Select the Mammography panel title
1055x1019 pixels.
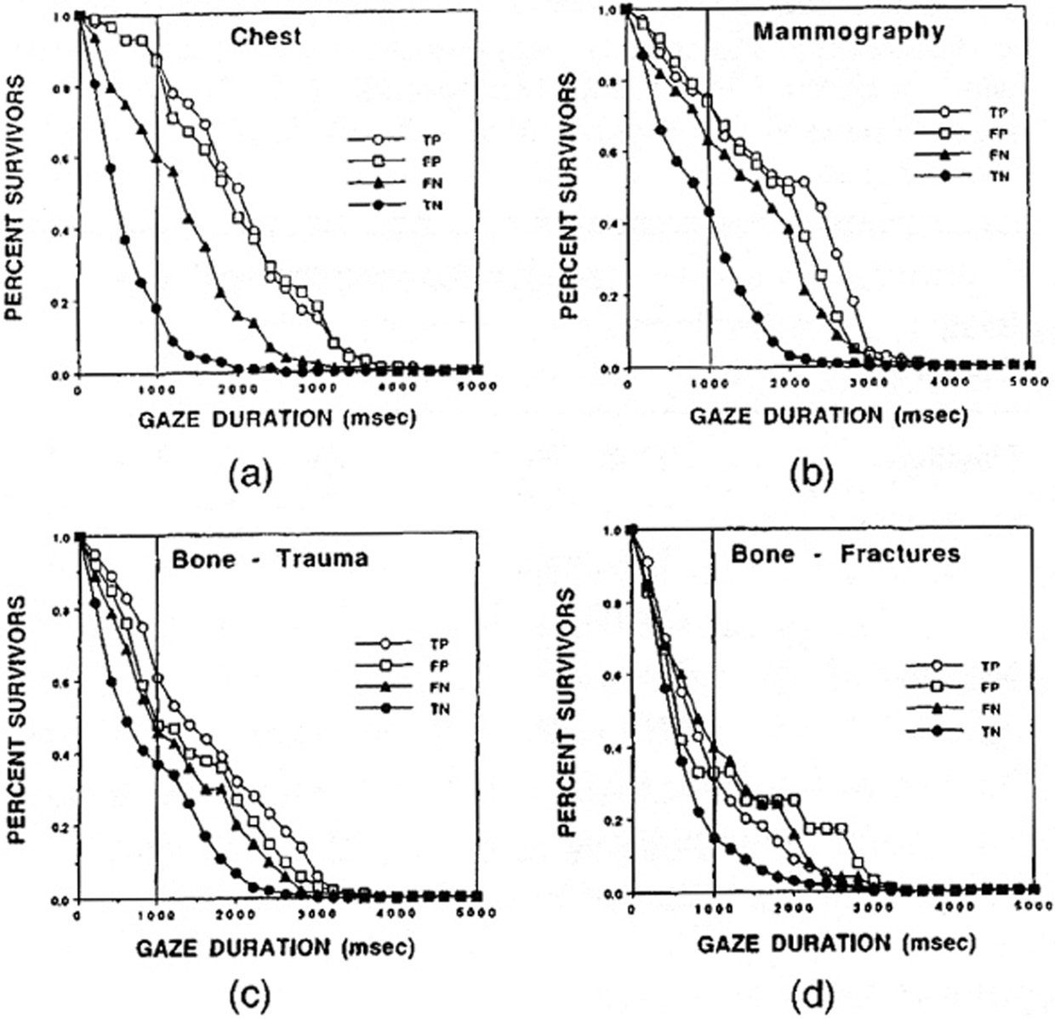(x=849, y=32)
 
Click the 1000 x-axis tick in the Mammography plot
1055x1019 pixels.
(x=708, y=384)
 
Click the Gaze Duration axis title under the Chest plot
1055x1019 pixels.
(x=277, y=419)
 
